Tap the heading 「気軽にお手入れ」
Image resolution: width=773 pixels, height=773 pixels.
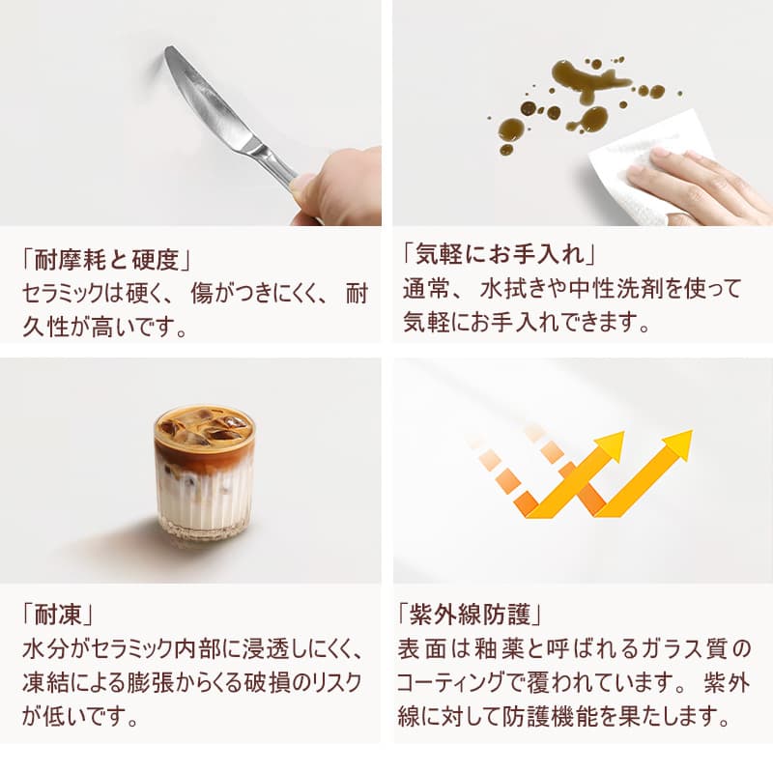(x=498, y=256)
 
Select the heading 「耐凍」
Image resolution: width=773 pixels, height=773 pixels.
(x=60, y=614)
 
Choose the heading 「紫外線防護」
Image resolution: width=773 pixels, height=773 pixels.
(x=473, y=614)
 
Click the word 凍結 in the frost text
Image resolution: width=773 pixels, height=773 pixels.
(x=46, y=681)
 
